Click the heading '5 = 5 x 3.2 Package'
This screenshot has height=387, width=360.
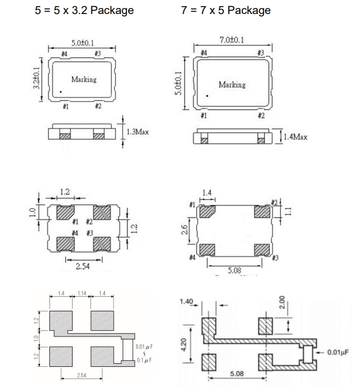click(84, 10)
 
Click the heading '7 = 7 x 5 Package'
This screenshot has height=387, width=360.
click(226, 10)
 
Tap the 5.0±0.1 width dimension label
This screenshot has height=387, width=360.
click(83, 43)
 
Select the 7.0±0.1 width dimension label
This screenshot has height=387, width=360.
click(232, 40)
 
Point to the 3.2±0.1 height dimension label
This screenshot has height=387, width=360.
click(37, 78)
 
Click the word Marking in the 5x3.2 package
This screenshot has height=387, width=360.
click(84, 79)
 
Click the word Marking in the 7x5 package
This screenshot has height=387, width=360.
click(232, 85)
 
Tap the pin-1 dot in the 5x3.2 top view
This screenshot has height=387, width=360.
click(60, 92)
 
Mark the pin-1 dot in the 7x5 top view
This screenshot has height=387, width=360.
click(207, 96)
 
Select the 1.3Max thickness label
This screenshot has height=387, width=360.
click(138, 132)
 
